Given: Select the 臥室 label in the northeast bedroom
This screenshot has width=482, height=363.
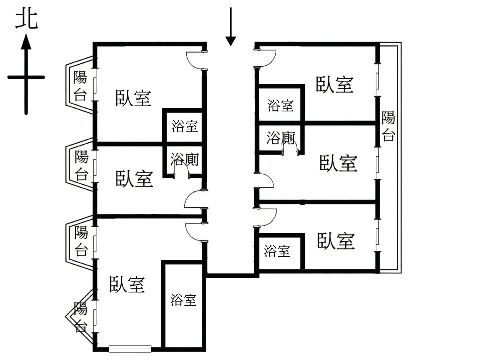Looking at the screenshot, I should click(x=335, y=84).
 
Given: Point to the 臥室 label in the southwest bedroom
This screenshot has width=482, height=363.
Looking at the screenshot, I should click(x=127, y=284).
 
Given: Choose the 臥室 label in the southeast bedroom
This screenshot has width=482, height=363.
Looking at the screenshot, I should click(x=336, y=241).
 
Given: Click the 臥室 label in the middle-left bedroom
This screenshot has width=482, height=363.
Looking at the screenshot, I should click(x=134, y=179).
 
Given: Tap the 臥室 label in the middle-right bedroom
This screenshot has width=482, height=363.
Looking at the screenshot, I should click(x=338, y=163).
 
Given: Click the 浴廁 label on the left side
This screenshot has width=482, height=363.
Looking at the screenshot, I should click(x=184, y=160).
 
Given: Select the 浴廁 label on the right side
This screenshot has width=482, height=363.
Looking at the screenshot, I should click(x=281, y=138).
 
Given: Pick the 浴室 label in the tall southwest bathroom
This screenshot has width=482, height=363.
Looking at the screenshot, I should click(x=183, y=300).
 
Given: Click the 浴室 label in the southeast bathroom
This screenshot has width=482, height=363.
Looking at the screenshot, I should click(x=277, y=251).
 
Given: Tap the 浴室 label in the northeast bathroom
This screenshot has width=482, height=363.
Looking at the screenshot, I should click(x=280, y=106).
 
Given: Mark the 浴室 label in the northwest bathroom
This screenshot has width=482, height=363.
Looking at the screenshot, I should click(x=185, y=126).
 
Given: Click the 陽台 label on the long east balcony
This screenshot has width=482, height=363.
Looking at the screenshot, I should click(x=388, y=126).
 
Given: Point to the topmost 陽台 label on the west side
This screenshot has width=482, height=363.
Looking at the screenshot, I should click(x=80, y=86).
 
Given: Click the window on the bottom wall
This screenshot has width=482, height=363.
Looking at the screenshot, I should click(x=130, y=349).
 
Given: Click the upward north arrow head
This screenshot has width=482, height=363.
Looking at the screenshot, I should click(x=26, y=43).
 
